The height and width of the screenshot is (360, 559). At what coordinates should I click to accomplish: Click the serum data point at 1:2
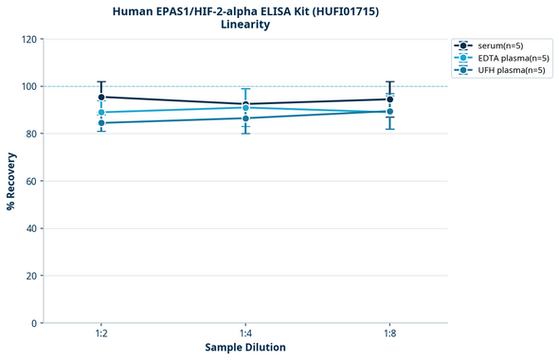tap(101, 97)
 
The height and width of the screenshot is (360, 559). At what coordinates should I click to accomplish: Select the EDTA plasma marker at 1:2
tap(101, 113)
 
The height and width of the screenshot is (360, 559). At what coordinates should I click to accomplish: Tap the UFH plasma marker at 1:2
tap(101, 123)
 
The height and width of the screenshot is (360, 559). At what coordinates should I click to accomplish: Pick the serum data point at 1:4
tap(245, 104)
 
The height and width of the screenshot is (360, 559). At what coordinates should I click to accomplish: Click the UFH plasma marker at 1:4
tap(245, 118)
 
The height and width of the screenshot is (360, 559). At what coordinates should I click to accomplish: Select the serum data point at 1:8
tap(389, 99)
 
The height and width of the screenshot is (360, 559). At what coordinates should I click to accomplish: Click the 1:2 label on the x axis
tap(101, 334)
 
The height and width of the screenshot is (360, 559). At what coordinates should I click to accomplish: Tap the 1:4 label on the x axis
tap(245, 334)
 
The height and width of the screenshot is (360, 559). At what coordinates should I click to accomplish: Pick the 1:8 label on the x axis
tap(389, 334)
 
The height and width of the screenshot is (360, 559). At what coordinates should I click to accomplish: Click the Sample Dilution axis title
tap(245, 348)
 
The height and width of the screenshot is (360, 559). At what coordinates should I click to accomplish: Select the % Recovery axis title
tap(11, 181)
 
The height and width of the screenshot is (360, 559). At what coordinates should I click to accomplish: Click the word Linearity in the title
tap(244, 25)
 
